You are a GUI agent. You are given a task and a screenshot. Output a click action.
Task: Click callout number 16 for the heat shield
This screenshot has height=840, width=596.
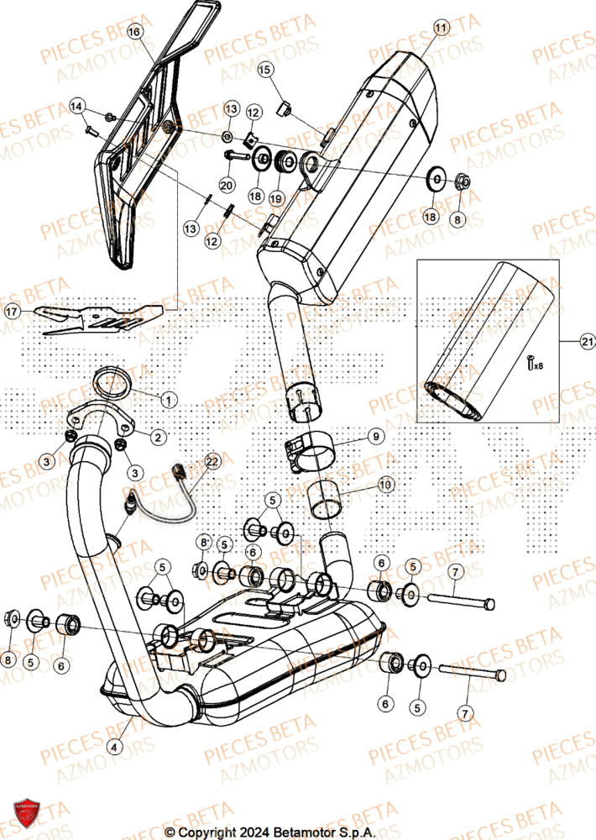coord(136,32)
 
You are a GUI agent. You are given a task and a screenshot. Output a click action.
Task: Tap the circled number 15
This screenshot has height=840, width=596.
coord(265,69)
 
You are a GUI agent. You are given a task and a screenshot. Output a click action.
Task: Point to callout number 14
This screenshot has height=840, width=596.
coord(77,106)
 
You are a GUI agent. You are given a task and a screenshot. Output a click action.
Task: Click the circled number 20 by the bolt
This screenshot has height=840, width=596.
coord(226,185)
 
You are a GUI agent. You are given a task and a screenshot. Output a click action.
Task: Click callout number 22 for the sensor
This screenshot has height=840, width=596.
coord(212,461)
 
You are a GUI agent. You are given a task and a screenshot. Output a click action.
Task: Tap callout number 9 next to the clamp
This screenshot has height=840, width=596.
coord(377,437)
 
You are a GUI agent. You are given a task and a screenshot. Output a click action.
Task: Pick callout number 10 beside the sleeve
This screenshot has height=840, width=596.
coord(384,485)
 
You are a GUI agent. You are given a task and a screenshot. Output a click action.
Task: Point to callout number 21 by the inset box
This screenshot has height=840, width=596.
coord(586,341)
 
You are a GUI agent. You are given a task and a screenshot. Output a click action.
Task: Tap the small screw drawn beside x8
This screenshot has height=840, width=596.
coord(531,363)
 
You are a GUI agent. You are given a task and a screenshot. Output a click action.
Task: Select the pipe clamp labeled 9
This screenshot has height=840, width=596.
coord(308,447)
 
